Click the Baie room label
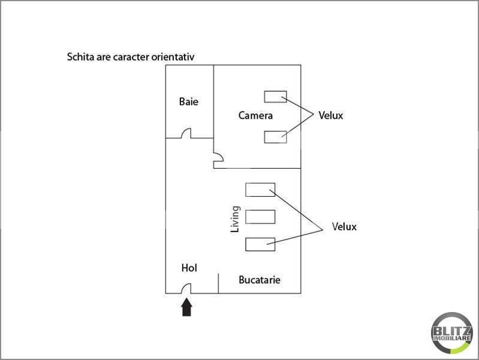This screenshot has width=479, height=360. pyautogui.click(x=188, y=101)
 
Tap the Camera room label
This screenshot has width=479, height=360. pyautogui.click(x=255, y=115)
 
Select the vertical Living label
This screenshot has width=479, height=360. pyautogui.click(x=236, y=220)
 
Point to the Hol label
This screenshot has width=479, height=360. pyautogui.click(x=189, y=268)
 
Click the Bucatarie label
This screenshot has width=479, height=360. pyautogui.click(x=260, y=280)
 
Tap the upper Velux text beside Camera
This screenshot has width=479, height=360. pyautogui.click(x=330, y=115)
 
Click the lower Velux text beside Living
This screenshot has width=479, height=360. pyautogui.click(x=344, y=227)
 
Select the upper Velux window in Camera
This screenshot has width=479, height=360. pyautogui.click(x=275, y=97)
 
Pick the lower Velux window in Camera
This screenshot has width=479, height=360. pyautogui.click(x=275, y=137)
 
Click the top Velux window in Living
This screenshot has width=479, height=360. pyautogui.click(x=260, y=190)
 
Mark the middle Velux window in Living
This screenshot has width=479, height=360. pyautogui.click(x=260, y=216)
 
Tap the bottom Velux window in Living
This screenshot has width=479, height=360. pyautogui.click(x=260, y=244)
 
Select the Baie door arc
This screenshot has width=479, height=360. pyautogui.click(x=186, y=133)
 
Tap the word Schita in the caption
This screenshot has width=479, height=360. pyautogui.click(x=80, y=58)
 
